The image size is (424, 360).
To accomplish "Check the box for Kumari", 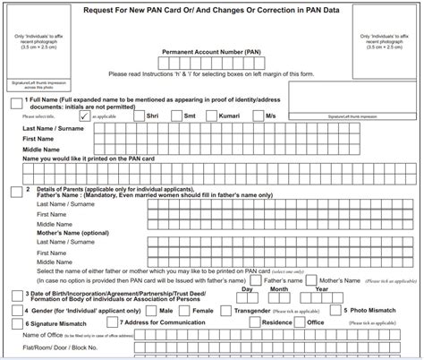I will click(x=214, y=116).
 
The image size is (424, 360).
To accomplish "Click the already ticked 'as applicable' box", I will click(x=83, y=116).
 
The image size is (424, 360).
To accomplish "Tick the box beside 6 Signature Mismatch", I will click(x=16, y=322).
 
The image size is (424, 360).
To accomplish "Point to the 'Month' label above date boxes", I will click(x=279, y=289).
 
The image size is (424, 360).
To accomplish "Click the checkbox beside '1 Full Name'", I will click(x=16, y=103).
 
